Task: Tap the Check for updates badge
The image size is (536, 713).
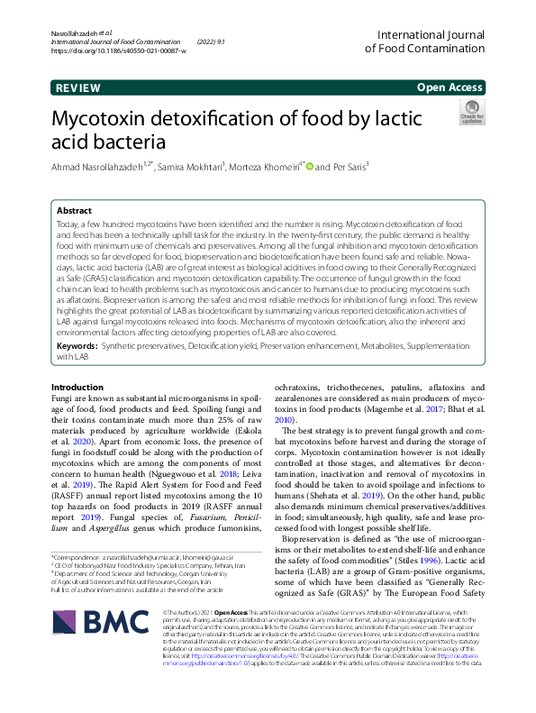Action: click(471, 112)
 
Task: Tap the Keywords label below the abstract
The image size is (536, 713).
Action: click(79, 346)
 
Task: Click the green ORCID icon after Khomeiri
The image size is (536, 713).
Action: click(309, 165)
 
